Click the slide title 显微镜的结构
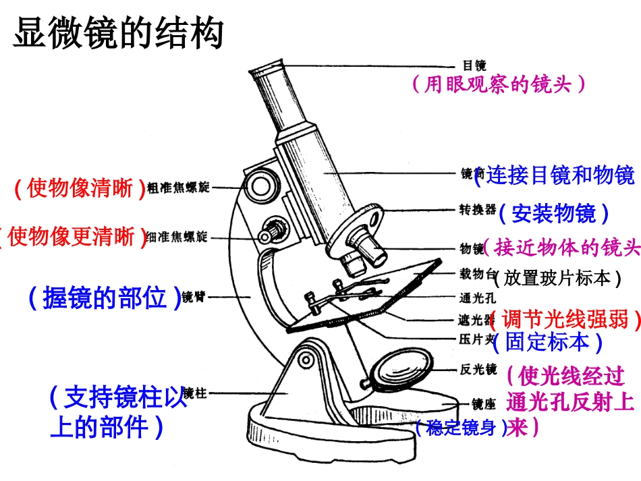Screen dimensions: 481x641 tap(118, 32)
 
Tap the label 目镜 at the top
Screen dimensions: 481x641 tap(474, 65)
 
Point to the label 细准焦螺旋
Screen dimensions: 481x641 tap(177, 237)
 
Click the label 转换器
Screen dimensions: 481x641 tap(477, 210)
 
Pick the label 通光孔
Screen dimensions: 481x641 tap(477, 297)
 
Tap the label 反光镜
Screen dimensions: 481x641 tap(477, 370)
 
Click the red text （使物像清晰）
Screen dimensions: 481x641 tap(80, 188)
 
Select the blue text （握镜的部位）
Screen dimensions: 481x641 tap(105, 298)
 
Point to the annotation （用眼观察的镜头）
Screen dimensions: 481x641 tap(498, 84)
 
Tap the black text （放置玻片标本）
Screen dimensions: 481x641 tap(557, 277)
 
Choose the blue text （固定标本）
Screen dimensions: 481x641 tap(547, 342)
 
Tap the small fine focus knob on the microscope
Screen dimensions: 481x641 tap(271, 231)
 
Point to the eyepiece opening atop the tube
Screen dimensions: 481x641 tap(264, 67)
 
